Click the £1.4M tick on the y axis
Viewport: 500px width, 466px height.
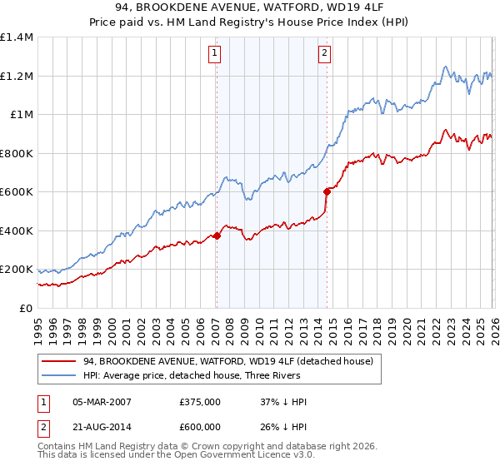pyautogui.click(x=16, y=37)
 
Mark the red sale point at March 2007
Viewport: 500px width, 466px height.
pyautogui.click(x=217, y=235)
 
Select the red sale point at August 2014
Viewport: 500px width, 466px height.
pyautogui.click(x=327, y=192)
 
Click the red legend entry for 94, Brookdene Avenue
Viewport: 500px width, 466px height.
pyautogui.click(x=232, y=361)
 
